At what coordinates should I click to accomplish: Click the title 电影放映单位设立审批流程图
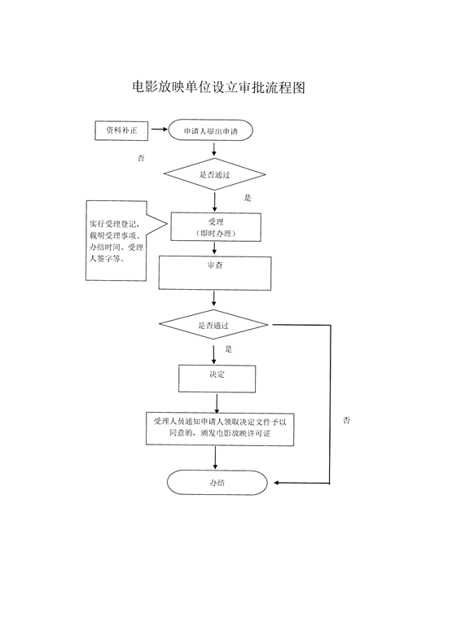[x=218, y=87]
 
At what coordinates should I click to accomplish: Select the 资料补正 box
[x=121, y=130]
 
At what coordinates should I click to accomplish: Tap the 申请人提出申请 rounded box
[x=211, y=130]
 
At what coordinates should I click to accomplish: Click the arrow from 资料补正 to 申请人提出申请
[x=159, y=129]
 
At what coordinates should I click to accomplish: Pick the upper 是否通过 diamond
[x=215, y=174]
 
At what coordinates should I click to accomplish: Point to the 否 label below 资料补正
[x=141, y=158]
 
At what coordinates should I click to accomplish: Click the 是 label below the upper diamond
[x=248, y=198]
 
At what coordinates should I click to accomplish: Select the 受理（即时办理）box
[x=216, y=227]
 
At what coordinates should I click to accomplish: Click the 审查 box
[x=215, y=273]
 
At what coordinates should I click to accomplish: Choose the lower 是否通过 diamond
[x=213, y=325]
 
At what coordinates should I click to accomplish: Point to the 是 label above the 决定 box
[x=229, y=349]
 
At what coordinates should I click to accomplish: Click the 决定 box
[x=217, y=379]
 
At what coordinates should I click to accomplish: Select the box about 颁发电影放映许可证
[x=220, y=429]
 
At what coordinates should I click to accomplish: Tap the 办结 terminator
[x=217, y=482]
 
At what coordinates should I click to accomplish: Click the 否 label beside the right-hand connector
[x=346, y=420]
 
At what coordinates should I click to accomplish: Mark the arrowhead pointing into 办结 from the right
[x=276, y=483]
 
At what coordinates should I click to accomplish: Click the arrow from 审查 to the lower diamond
[x=214, y=299]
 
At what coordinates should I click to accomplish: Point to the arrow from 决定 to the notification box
[x=217, y=403]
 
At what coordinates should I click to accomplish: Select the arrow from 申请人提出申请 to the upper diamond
[x=214, y=149]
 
